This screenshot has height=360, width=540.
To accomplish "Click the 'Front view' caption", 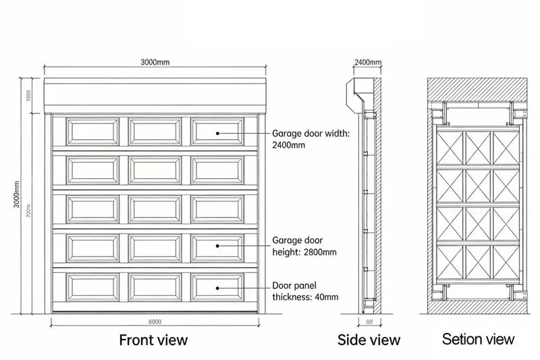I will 153,338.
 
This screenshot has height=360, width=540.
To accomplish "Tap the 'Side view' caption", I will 369,339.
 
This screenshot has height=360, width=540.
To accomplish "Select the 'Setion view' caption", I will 478,338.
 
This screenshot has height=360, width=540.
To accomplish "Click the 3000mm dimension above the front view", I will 155,62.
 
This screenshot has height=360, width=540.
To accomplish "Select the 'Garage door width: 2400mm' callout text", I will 310,138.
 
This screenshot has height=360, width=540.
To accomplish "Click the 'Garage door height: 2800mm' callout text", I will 303,246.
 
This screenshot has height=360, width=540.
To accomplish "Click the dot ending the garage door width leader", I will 218,133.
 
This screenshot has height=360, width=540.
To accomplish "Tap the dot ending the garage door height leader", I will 218,247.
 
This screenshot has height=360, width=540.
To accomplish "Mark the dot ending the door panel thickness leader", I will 218,287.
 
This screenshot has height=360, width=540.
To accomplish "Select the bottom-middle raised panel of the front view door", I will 155,287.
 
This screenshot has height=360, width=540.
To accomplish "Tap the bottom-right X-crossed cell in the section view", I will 504,260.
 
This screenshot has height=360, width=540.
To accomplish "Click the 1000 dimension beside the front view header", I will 29,95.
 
